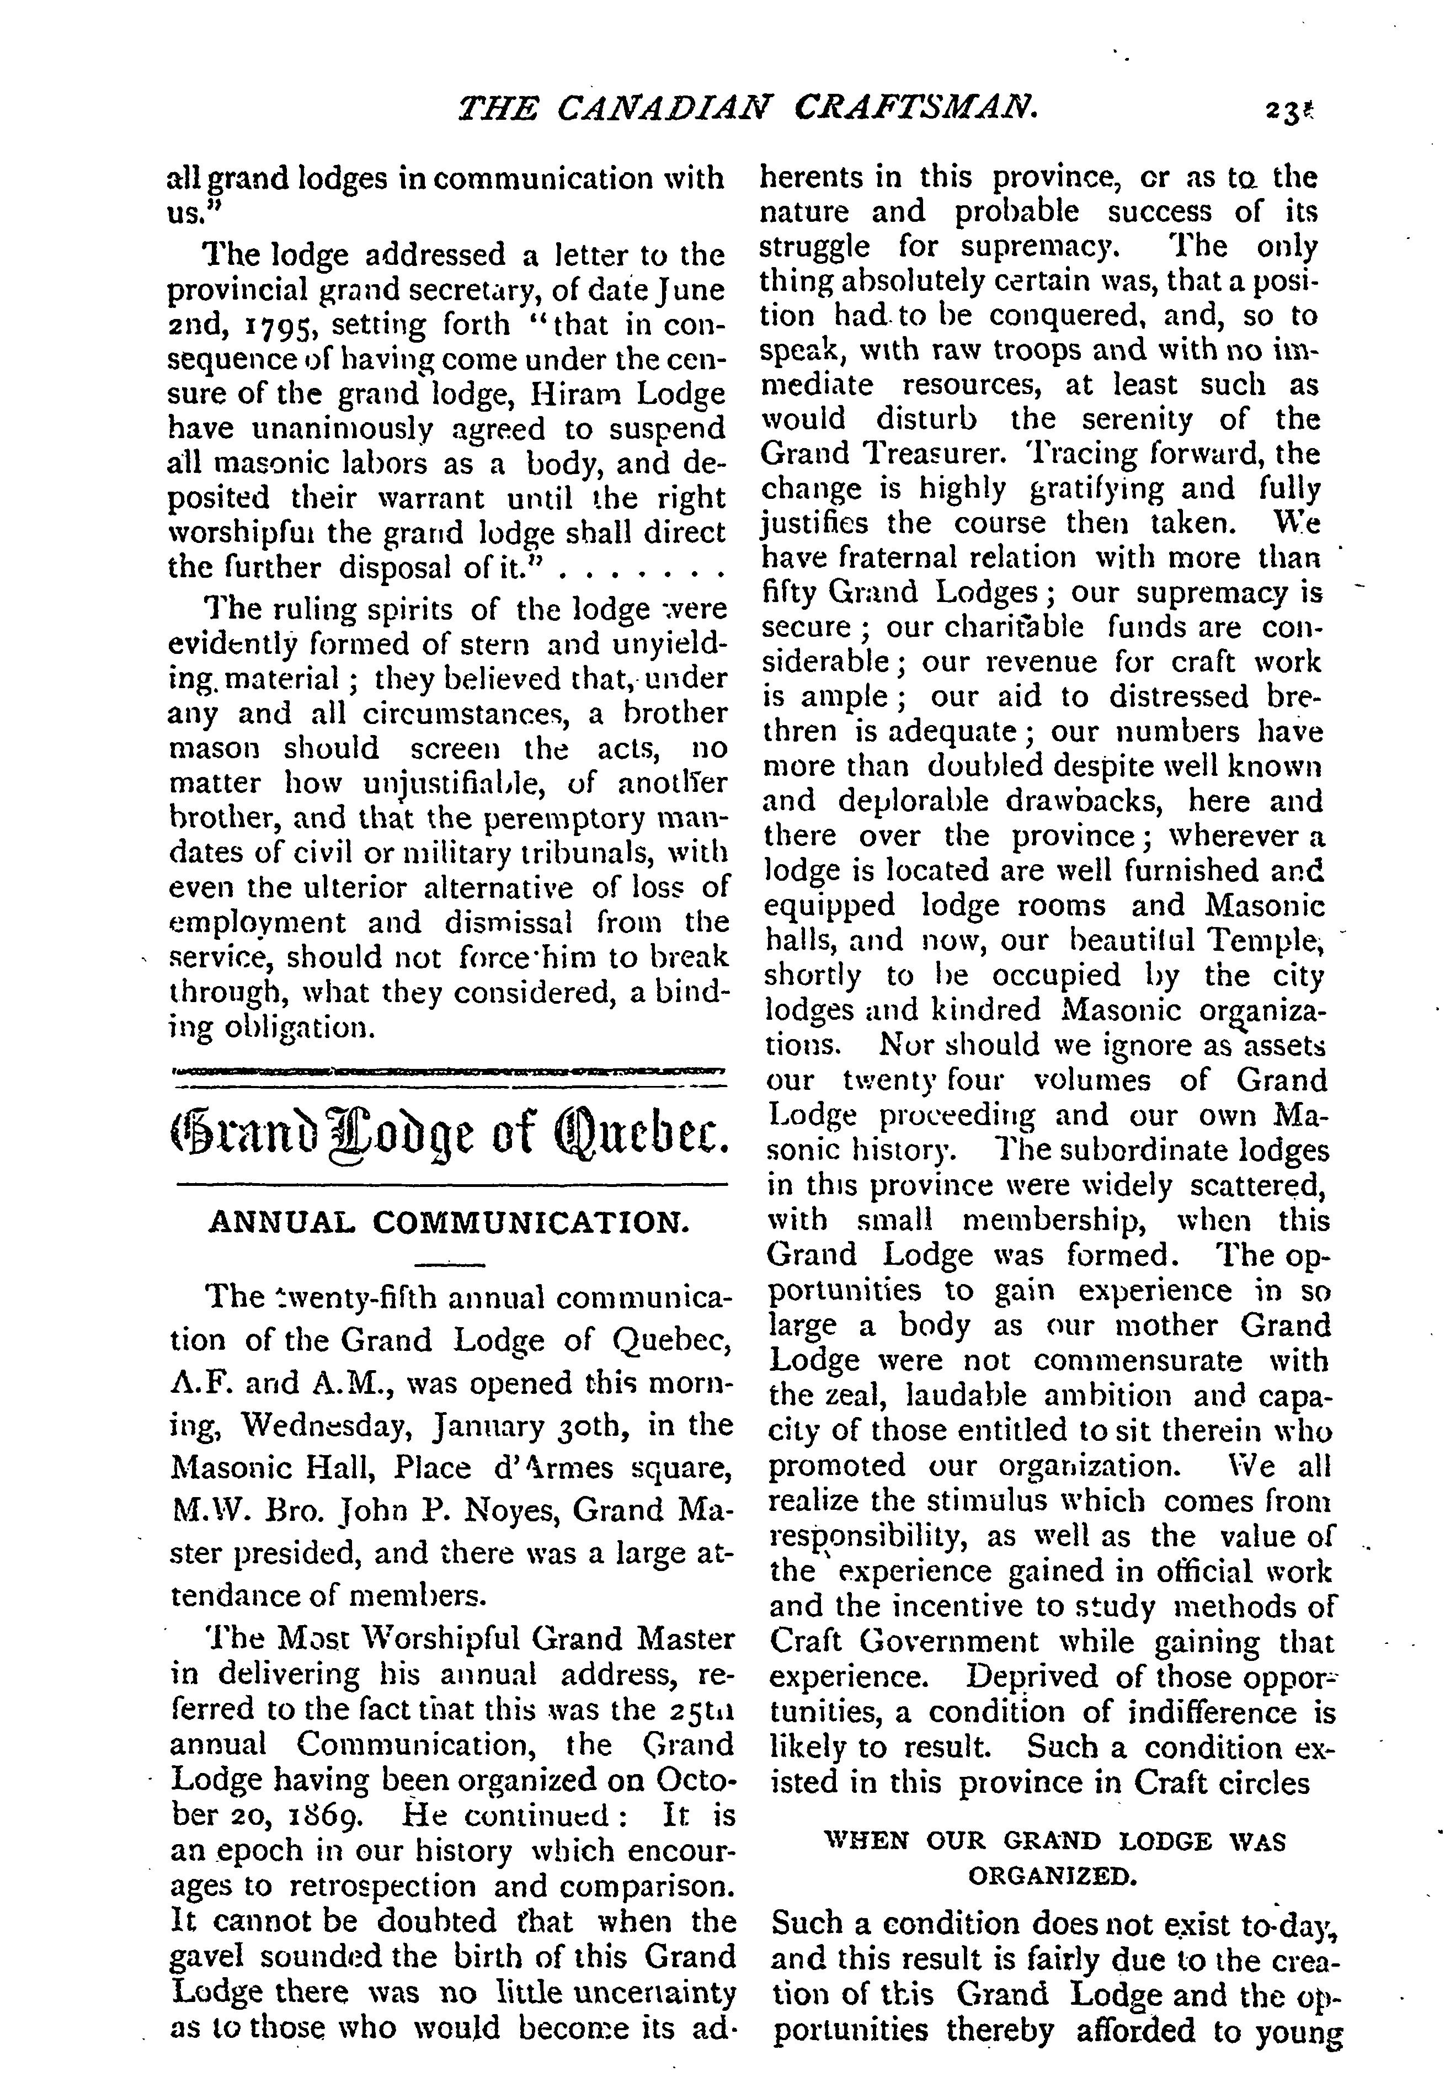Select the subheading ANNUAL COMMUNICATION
click(449, 1223)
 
